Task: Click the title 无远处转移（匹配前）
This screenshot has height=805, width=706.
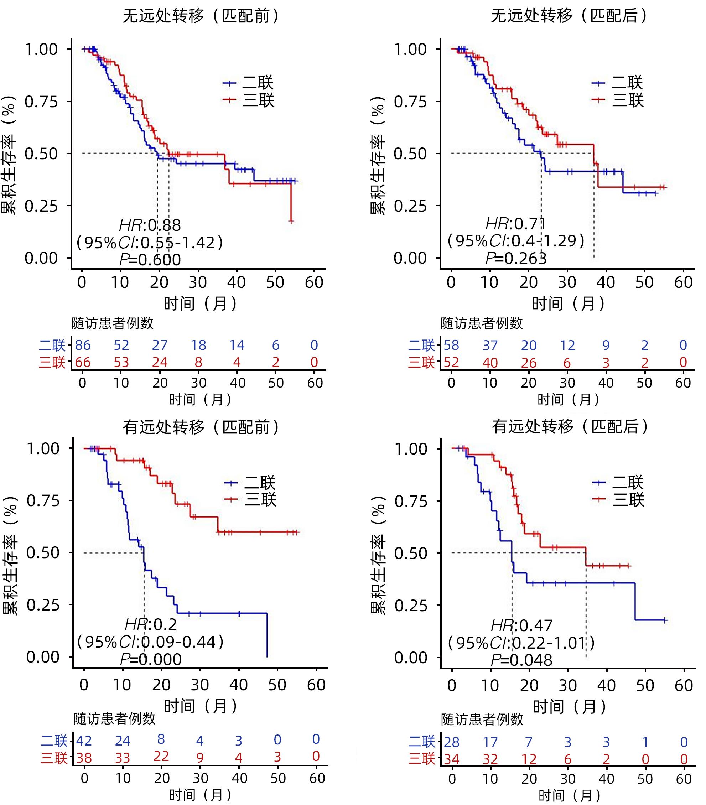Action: pos(201,16)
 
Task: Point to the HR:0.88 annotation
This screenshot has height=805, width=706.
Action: pos(150,225)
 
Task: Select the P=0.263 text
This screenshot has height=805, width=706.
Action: pos(516,258)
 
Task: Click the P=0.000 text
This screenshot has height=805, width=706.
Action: pos(151,659)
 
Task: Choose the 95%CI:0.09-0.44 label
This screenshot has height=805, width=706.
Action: pos(150,642)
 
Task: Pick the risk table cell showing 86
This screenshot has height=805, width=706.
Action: pos(83,346)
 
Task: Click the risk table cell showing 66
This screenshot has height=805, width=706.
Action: pos(83,362)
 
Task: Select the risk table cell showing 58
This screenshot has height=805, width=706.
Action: pos(451,346)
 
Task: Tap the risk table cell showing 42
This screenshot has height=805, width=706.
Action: pos(84,741)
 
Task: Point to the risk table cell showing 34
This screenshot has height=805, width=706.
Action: pos(452,759)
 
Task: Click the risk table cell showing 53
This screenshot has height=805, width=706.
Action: pos(121,362)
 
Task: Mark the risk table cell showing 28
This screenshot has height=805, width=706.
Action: pos(452,742)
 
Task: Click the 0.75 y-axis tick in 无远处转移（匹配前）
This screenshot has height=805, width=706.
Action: pos(41,102)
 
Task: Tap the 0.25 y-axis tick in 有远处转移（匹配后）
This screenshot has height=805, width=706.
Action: pos(410,605)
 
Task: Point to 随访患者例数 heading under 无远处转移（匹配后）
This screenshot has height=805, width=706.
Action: pos(482,323)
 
